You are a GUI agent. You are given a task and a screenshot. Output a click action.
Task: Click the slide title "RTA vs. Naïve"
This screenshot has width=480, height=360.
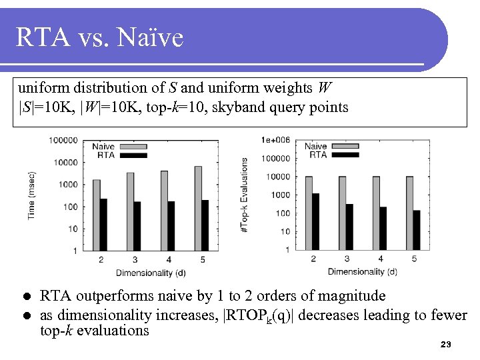coord(99,38)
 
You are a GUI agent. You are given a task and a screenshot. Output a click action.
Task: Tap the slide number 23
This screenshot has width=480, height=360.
coord(446,345)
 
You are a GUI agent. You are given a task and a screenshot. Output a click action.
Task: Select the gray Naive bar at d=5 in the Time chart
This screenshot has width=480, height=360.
coord(198,208)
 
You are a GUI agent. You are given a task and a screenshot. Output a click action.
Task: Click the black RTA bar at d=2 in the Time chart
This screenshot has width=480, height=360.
coord(103,224)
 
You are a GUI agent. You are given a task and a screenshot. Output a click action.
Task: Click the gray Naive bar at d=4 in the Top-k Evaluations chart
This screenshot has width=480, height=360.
coord(376,213)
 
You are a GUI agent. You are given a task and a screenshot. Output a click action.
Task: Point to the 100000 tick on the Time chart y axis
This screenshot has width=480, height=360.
coord(63,140)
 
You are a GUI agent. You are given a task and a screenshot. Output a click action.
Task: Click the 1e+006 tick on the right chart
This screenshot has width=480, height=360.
coord(275,140)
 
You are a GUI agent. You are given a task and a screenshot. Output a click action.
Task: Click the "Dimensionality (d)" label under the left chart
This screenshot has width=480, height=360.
coord(151,272)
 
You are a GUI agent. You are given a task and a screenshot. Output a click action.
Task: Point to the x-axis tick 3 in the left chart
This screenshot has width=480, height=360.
coord(135,260)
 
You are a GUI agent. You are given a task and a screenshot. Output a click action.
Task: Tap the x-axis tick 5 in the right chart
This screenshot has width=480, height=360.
coord(414,259)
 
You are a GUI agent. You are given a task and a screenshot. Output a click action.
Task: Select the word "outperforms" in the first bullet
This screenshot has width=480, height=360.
coord(111,296)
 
